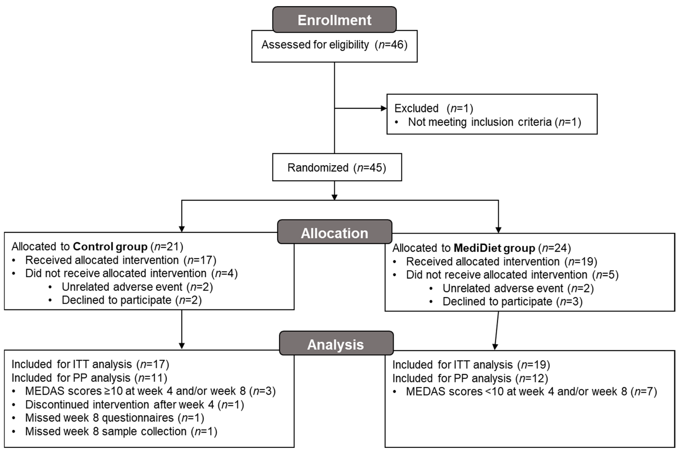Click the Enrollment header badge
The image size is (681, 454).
[334, 20]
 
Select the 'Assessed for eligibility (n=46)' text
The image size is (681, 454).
[334, 45]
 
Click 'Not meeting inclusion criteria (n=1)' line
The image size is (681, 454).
[494, 122]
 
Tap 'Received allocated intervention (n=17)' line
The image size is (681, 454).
[121, 260]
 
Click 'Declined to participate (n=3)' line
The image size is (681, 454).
[512, 301]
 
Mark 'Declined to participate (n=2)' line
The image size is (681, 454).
[131, 300]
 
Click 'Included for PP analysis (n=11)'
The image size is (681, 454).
[89, 378]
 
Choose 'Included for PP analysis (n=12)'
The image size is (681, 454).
[470, 378]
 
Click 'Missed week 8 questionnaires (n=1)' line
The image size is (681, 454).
[114, 418]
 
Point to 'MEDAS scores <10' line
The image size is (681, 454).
[531, 391]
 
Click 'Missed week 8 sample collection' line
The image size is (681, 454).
[121, 431]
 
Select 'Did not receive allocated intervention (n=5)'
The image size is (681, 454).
[512, 275]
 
